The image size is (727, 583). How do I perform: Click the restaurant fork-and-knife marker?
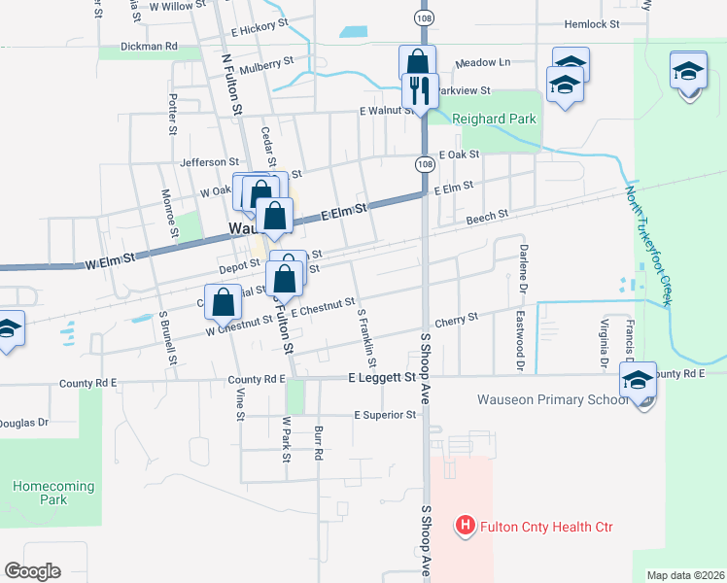[x=420, y=91]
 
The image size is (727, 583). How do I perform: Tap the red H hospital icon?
[x=466, y=527]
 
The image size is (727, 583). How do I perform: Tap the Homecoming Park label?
[x=54, y=493]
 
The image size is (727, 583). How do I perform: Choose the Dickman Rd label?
[x=149, y=46]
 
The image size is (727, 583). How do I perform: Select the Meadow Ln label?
[x=482, y=62]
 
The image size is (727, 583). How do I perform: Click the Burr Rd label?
[x=319, y=441]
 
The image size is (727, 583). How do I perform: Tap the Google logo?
[x=32, y=571]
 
